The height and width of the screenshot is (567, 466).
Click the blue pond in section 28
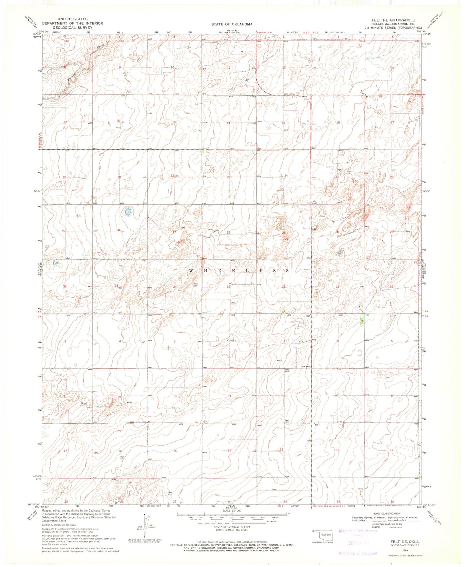pyautogui.click(x=128, y=212)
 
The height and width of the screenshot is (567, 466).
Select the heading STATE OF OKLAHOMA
pyautogui.click(x=232, y=24)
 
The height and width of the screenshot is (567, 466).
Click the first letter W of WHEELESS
pyautogui.click(x=191, y=271)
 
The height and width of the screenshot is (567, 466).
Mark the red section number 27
pyautogui.click(x=174, y=232)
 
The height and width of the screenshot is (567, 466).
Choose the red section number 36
pyautogui.click(x=284, y=287)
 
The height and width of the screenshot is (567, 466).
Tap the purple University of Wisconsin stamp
pyautogui.click(x=358, y=553)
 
